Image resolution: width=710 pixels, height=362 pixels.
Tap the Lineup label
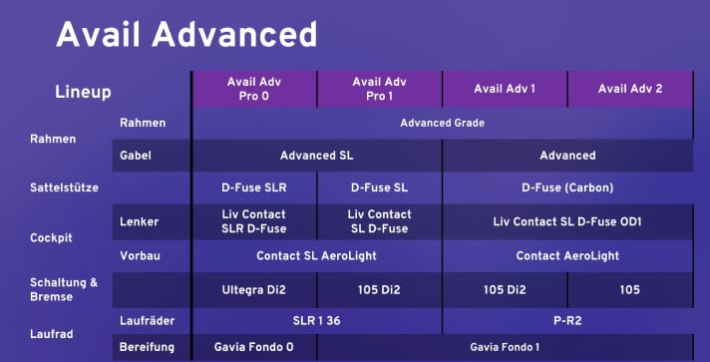tap(83, 92)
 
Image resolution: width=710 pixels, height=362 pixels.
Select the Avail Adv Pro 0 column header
tap(254, 88)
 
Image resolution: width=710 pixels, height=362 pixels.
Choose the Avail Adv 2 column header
tap(630, 88)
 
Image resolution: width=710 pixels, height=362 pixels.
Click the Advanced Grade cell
tap(442, 123)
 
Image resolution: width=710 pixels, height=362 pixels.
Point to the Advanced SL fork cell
tap(316, 155)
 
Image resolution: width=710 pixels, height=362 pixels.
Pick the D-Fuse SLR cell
tap(253, 186)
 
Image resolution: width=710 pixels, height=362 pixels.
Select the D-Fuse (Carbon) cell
tap(567, 186)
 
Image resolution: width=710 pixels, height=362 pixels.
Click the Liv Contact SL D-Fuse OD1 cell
tap(567, 220)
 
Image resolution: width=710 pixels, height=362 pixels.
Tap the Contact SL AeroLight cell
tap(316, 255)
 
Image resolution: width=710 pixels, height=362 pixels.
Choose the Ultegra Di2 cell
tap(253, 289)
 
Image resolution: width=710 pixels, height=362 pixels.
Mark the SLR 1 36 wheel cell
tap(316, 320)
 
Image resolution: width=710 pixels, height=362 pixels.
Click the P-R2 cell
tap(567, 320)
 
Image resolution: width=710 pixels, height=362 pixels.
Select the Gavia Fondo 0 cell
tap(253, 346)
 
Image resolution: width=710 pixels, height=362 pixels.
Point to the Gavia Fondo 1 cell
tap(505, 346)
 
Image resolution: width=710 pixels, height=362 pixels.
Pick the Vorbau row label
tap(140, 255)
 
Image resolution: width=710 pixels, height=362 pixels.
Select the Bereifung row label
tap(147, 346)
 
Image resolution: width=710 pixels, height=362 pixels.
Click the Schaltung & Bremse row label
tap(65, 289)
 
